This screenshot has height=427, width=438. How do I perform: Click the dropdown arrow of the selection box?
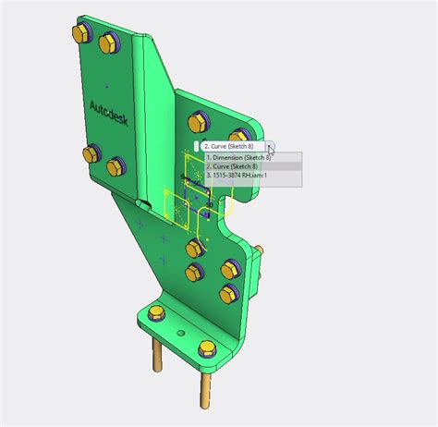269,146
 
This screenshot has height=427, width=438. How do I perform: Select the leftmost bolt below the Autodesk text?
91,152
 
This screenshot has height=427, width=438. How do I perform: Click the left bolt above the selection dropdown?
196,121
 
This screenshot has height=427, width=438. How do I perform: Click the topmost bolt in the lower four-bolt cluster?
194,248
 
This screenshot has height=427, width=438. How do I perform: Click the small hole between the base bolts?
181,334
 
